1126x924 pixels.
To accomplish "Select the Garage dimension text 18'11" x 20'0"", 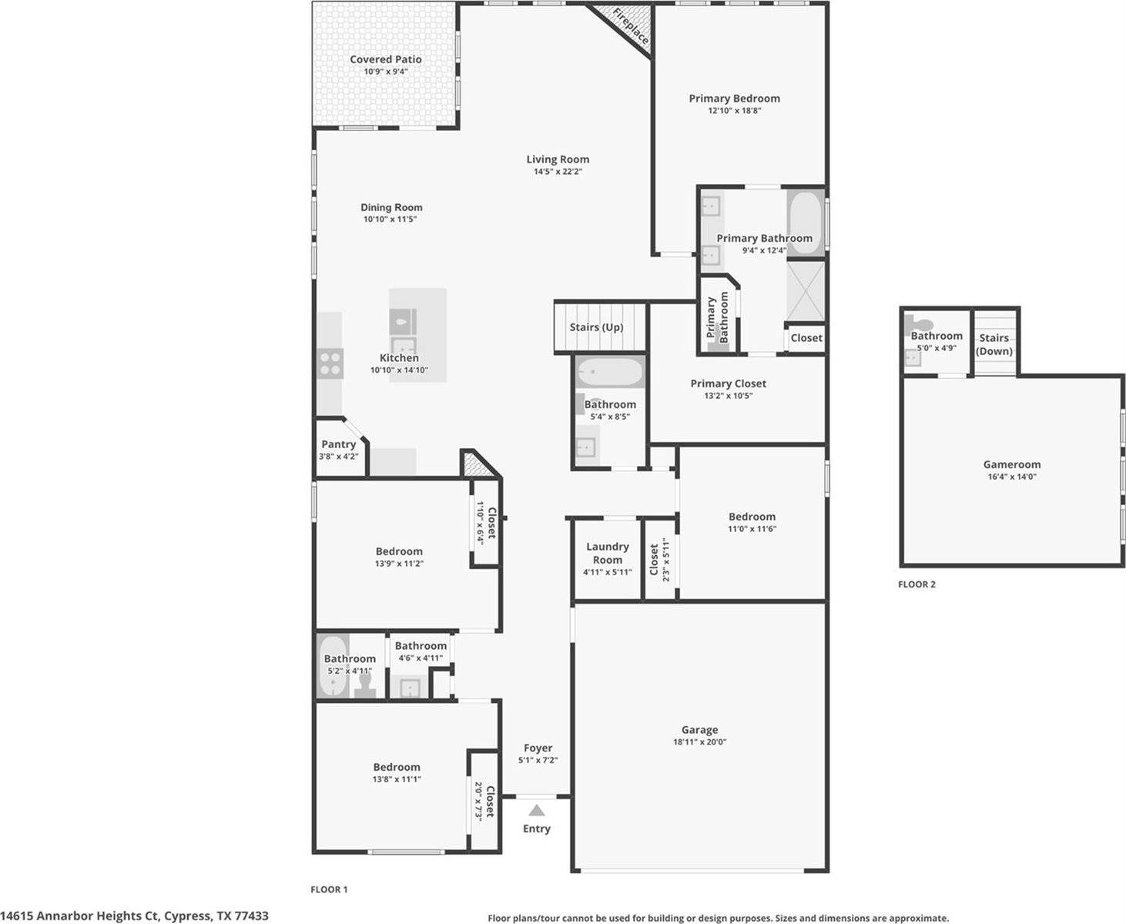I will [699, 742].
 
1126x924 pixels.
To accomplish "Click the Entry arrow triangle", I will [537, 810].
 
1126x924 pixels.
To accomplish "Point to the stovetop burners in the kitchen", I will [330, 363].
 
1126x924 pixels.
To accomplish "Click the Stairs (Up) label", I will [596, 327].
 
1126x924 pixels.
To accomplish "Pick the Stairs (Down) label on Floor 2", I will [994, 344].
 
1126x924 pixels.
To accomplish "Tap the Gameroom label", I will [1012, 464].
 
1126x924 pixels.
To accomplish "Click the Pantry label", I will [339, 444].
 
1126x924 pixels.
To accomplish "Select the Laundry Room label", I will [608, 553].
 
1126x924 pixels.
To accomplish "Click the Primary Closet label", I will [728, 383].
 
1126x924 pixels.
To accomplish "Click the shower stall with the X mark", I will [806, 291].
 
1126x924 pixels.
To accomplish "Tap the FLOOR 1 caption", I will [329, 889].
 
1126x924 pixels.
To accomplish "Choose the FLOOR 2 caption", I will [917, 584].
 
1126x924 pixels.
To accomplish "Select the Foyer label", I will [538, 748].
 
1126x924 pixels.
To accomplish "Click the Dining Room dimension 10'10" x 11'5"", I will [391, 219].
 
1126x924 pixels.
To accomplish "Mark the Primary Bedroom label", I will [734, 99].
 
